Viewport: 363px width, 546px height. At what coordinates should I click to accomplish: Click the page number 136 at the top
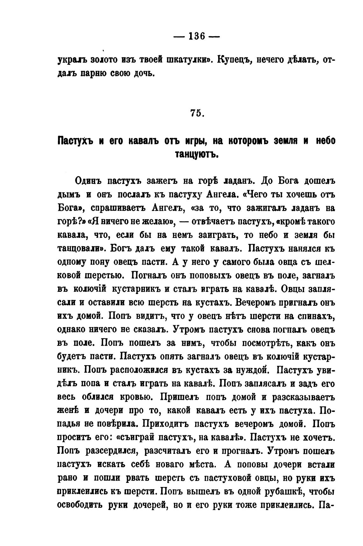click(x=196, y=36)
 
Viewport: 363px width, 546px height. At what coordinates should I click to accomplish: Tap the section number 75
click(x=197, y=113)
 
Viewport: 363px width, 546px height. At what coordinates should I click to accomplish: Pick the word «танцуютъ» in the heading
click(x=196, y=154)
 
